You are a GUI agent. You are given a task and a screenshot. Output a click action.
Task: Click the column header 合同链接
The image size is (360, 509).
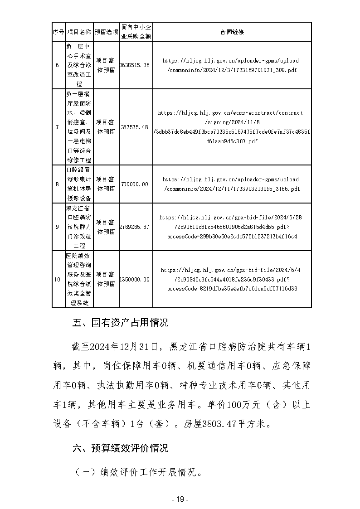point(232,32)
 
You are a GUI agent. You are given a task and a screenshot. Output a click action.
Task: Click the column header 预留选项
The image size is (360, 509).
point(107,32)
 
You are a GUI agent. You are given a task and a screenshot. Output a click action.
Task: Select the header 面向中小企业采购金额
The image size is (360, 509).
point(136,32)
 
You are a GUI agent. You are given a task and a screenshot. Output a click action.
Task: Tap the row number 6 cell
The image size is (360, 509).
point(57,65)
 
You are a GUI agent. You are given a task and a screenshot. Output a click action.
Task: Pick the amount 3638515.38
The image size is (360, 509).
point(135,65)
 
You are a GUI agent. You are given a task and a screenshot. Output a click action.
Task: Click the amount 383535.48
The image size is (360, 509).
point(135,127)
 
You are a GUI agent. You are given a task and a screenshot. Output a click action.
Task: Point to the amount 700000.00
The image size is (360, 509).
point(135,184)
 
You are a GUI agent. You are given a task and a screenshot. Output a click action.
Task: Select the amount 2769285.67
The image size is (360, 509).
point(135,227)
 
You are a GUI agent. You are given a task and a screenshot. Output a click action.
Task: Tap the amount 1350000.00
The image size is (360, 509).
point(135,280)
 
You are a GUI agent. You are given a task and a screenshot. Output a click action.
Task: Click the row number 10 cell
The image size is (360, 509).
point(57,280)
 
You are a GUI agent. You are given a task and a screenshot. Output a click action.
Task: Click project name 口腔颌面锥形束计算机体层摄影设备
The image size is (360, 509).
point(79,184)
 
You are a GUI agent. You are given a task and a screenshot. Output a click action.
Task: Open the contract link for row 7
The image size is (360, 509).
point(232,127)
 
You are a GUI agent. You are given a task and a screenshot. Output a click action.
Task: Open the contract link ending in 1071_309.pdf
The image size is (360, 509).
point(232,65)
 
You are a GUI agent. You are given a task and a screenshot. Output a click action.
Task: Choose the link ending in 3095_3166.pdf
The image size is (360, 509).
point(232,184)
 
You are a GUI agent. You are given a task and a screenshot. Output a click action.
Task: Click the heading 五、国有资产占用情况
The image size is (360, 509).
point(121,323)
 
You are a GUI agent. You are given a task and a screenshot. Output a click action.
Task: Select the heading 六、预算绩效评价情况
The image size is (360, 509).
point(121,448)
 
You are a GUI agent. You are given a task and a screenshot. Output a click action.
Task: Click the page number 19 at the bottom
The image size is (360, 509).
point(180,499)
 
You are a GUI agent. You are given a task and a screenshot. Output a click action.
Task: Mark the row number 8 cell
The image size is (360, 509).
point(57,184)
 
